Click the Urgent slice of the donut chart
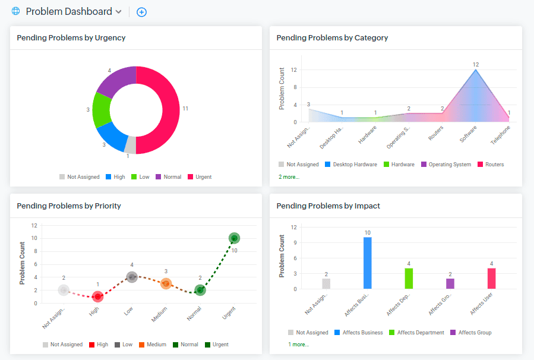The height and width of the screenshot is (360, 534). pyautogui.click(x=169, y=110)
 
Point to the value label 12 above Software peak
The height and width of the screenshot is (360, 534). pyautogui.click(x=476, y=64)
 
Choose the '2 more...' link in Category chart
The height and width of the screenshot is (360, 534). pyautogui.click(x=289, y=176)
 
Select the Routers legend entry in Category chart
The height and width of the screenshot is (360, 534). pyautogui.click(x=490, y=165)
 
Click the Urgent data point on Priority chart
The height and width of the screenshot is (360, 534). pyautogui.click(x=235, y=238)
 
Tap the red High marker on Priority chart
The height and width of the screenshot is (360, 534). pyautogui.click(x=98, y=296)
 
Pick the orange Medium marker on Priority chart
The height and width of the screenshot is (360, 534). pyautogui.click(x=166, y=283)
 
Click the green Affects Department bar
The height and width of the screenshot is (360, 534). pyautogui.click(x=409, y=279)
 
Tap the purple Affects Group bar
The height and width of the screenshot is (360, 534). pyautogui.click(x=450, y=284)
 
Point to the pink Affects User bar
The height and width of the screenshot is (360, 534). pyautogui.click(x=491, y=279)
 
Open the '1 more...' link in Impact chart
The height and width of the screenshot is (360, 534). pyautogui.click(x=299, y=344)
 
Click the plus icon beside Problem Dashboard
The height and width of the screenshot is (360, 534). pyautogui.click(x=141, y=12)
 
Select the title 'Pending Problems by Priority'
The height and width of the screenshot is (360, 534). pyautogui.click(x=69, y=206)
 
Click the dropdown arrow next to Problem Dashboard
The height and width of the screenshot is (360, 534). pyautogui.click(x=118, y=12)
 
